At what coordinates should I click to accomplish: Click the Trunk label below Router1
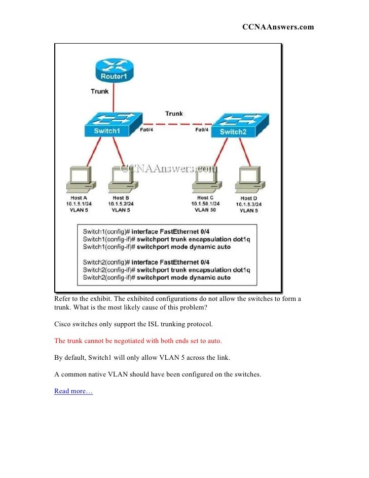(x=100, y=92)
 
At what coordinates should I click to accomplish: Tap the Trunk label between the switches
(x=174, y=114)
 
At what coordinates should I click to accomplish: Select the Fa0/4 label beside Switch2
(x=202, y=129)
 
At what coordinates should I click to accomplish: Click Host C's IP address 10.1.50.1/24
(x=205, y=203)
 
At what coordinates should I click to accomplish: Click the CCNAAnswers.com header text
(x=278, y=27)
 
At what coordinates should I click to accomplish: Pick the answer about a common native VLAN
(x=158, y=374)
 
